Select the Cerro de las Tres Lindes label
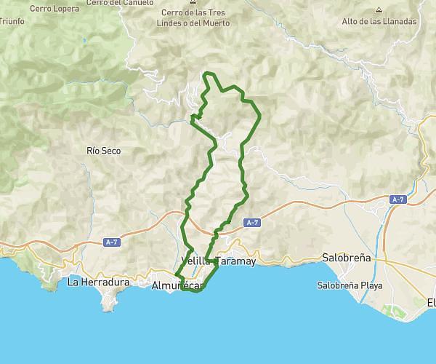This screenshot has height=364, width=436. [193, 18]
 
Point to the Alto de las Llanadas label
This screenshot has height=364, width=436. [379, 21]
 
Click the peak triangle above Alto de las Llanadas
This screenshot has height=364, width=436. [379, 10]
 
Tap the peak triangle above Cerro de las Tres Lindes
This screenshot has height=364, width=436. [193, 4]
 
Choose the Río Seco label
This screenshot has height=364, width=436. [103, 151]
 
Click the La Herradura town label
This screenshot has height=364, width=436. [98, 282]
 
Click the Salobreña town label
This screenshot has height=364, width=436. [347, 258]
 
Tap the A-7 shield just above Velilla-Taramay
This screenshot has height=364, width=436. [251, 223]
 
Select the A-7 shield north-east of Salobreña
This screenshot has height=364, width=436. [397, 199]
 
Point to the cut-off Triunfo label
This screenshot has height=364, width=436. [12, 21]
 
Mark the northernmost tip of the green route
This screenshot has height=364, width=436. [209, 73]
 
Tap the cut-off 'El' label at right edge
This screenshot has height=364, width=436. [431, 302]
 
